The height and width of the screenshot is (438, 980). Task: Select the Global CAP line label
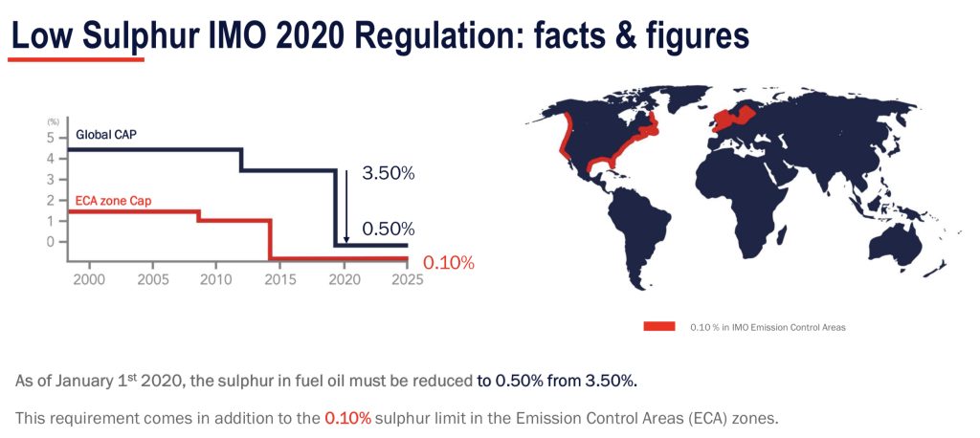[x=106, y=135]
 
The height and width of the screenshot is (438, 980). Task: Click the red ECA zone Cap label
[x=112, y=202]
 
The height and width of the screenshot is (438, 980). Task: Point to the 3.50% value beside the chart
[x=388, y=174]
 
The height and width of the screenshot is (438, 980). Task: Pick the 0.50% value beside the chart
[x=388, y=230]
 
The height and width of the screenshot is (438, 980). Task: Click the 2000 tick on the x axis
[x=89, y=280]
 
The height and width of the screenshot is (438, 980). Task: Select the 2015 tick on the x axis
[x=279, y=280]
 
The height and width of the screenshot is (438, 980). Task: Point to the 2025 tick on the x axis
[x=407, y=280]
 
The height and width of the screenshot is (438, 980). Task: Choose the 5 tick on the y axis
[x=50, y=138]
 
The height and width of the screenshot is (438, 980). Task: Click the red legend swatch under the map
[x=659, y=326]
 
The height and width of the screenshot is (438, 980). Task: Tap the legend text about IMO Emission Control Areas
[x=768, y=327]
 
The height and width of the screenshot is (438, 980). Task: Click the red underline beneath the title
[x=76, y=59]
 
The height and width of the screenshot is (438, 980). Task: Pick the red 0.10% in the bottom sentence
[x=347, y=419]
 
